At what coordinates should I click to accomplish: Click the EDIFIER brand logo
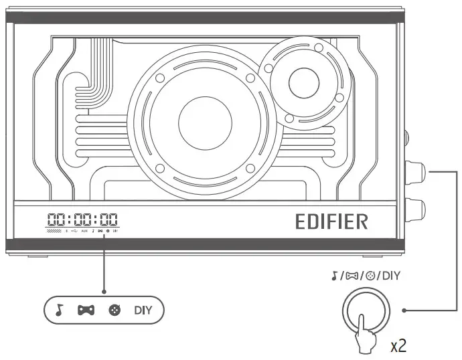(331, 221)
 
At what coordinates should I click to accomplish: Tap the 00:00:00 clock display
(82, 219)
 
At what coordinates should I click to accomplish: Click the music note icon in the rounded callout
(59, 310)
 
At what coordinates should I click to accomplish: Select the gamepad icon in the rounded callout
(86, 310)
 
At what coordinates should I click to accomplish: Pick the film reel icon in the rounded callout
(114, 310)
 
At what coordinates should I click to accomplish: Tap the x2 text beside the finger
(400, 345)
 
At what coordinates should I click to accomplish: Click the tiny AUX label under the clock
(84, 231)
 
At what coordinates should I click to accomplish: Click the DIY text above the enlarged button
(390, 274)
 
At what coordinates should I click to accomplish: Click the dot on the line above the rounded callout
(104, 291)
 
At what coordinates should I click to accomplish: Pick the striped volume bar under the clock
(54, 231)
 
